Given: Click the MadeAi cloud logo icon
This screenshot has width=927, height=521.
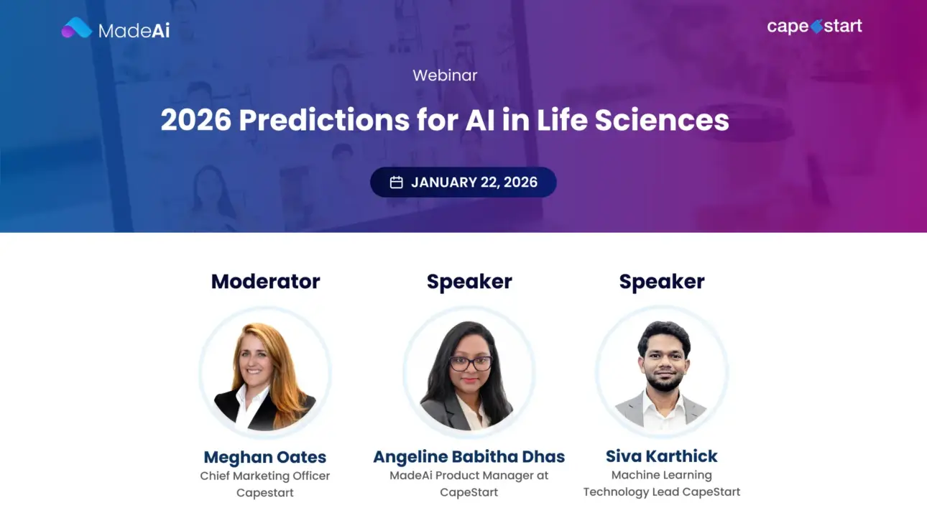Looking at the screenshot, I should click(77, 28).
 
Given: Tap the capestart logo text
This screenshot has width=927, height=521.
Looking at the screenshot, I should click(814, 27).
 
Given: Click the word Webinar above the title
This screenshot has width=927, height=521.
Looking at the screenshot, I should click(445, 75).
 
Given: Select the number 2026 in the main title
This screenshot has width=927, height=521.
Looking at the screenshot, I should click(195, 120).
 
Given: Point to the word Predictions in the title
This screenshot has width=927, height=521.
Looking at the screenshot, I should click(323, 120).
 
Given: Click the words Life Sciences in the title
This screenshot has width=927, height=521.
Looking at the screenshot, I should click(632, 120).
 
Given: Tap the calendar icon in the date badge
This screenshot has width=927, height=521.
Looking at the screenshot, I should click(396, 183).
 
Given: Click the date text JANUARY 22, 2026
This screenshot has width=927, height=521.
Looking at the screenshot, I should click(474, 183).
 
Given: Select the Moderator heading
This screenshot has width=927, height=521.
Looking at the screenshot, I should click(265, 281).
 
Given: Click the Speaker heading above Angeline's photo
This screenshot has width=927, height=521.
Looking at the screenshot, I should click(469, 281).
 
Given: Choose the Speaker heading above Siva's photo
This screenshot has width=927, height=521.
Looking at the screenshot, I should click(662, 281).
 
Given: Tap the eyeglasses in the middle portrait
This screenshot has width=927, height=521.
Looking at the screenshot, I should click(471, 363).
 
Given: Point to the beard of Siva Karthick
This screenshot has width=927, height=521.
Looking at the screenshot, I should click(663, 380).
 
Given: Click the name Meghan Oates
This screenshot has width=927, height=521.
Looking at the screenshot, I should click(265, 457).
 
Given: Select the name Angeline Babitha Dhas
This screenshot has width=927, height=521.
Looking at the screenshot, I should click(469, 456).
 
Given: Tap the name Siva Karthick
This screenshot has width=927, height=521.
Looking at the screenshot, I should click(662, 456).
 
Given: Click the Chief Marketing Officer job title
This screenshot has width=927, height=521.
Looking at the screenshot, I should click(265, 476).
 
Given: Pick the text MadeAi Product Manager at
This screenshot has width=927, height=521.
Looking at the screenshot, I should click(469, 475).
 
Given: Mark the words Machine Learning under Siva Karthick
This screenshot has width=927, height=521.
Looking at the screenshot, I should click(662, 475).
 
